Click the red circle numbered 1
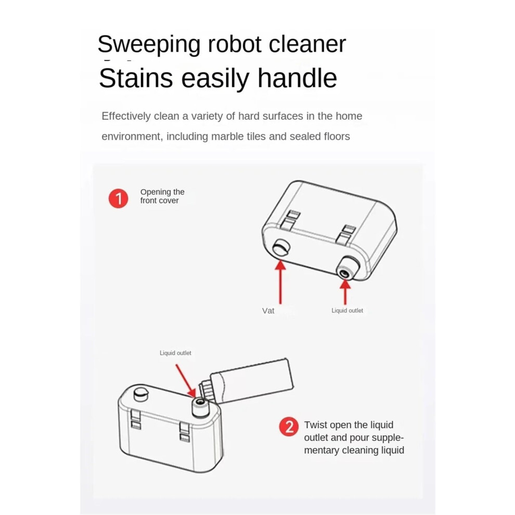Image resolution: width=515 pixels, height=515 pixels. click(x=118, y=198)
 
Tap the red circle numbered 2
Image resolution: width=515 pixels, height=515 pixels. click(x=289, y=427)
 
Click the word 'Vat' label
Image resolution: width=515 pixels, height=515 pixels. click(x=268, y=311)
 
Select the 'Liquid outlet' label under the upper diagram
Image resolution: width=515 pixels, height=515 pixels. click(x=347, y=311)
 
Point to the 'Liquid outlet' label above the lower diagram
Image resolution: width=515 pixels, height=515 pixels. click(x=175, y=353)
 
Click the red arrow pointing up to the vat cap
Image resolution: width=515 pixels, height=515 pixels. click(x=280, y=282)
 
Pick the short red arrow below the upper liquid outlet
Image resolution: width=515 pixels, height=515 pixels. click(x=345, y=292)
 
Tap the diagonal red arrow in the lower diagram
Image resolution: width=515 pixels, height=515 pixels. click(x=186, y=381)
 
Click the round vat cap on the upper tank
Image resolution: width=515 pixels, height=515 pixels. click(x=281, y=247)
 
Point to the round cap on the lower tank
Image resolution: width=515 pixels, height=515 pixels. click(x=141, y=394)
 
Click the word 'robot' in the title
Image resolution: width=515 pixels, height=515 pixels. click(x=235, y=44)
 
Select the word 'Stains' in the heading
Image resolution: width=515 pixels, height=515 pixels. click(x=136, y=78)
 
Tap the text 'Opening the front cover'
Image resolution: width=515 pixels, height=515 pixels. click(x=162, y=196)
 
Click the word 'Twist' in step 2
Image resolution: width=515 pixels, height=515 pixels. click(x=316, y=424)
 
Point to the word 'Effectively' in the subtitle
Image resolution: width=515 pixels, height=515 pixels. click(x=126, y=116)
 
